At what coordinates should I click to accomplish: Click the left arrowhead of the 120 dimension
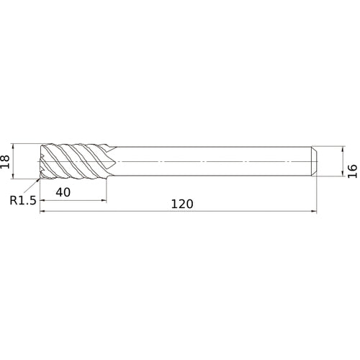(42, 212)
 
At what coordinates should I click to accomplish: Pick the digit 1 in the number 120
(174, 204)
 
